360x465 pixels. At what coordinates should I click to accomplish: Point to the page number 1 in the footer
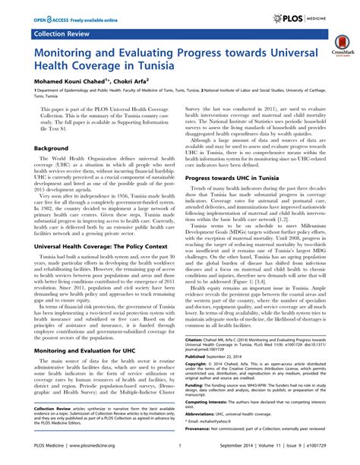click(178, 456)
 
